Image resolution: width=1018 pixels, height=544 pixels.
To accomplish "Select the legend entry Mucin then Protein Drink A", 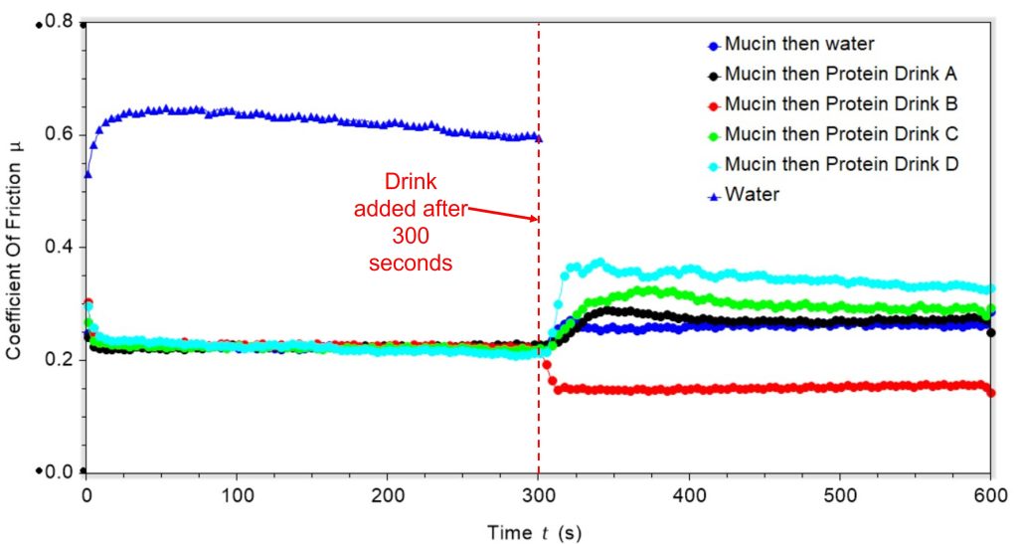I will pyautogui.click(x=833, y=75).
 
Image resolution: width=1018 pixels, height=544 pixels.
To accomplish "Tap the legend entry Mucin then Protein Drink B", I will pyautogui.click(x=833, y=104).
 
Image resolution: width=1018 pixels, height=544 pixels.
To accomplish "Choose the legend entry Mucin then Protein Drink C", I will pyautogui.click(x=833, y=134).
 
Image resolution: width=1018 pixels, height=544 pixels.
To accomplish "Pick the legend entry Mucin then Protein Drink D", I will pyautogui.click(x=833, y=164).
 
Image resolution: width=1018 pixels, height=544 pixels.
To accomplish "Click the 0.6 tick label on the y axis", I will pyautogui.click(x=63, y=134).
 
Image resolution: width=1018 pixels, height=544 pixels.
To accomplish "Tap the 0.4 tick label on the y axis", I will pyautogui.click(x=63, y=247).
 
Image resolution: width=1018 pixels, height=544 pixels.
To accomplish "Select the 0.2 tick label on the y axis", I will pyautogui.click(x=63, y=359).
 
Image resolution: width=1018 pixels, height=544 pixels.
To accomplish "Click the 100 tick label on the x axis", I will pyautogui.click(x=237, y=496).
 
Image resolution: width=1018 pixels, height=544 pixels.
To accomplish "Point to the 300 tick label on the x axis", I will pyautogui.click(x=538, y=496).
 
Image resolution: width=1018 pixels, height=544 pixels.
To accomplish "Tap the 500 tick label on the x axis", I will pyautogui.click(x=840, y=496).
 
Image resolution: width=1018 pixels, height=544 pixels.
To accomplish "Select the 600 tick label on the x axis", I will pyautogui.click(x=990, y=496).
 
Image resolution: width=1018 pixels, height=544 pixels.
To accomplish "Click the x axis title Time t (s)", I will pyautogui.click(x=534, y=532).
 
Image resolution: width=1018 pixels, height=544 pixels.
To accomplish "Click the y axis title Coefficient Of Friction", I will pyautogui.click(x=16, y=245).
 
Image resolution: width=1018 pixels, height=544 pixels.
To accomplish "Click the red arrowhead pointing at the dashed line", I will pyautogui.click(x=534, y=220).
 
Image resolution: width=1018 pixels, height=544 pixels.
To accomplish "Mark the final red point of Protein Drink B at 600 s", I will pyautogui.click(x=991, y=393).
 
